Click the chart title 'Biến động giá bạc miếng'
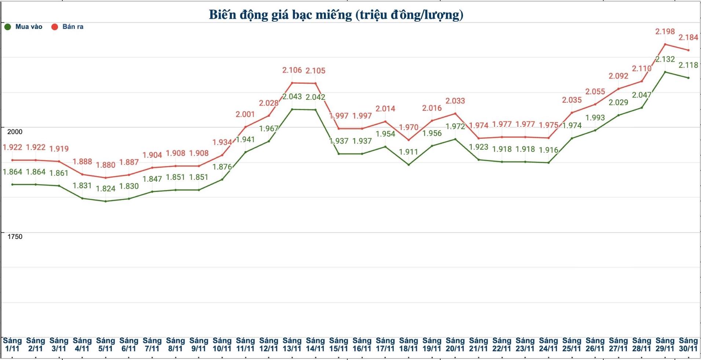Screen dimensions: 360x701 [336, 15]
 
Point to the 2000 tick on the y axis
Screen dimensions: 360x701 [15, 132]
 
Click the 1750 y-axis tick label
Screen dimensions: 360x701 [15, 237]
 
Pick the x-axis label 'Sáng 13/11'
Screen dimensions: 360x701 [292, 345]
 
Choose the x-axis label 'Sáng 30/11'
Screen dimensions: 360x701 [688, 345]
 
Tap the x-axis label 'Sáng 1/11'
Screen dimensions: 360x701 [12, 345]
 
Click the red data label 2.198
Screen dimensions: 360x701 [665, 32]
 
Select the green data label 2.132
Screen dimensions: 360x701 [665, 59]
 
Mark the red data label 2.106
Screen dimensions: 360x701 [292, 70]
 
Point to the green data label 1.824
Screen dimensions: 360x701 [106, 189]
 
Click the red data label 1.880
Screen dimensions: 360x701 [106, 165]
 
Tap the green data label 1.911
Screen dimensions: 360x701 [409, 152]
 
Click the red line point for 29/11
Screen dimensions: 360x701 [665, 44]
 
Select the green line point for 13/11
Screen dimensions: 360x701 [292, 109]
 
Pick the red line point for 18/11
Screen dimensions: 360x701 [409, 140]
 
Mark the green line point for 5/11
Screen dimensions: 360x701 [106, 201]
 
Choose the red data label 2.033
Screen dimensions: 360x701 [455, 101]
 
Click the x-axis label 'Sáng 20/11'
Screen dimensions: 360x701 [455, 345]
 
